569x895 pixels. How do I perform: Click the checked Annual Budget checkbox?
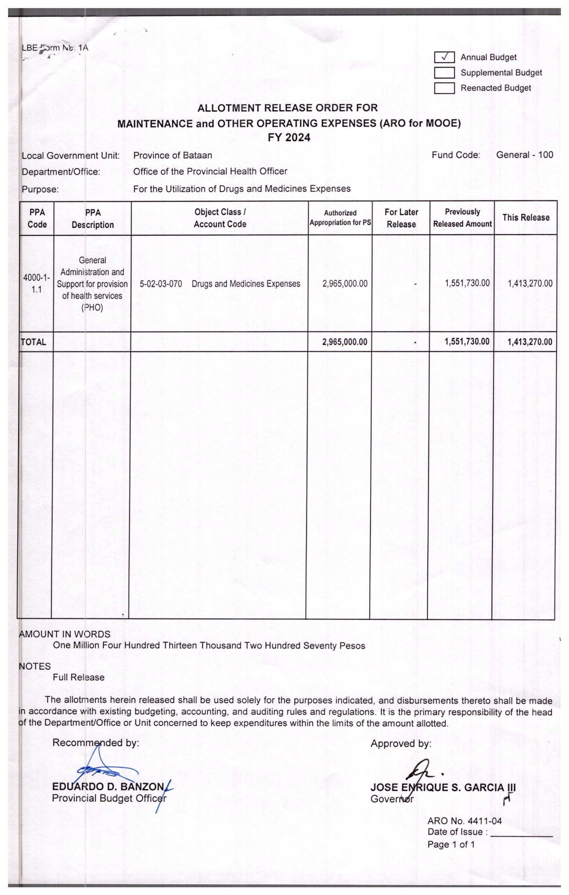click(444, 57)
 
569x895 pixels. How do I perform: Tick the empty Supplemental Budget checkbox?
click(444, 72)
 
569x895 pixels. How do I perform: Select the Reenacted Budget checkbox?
click(444, 88)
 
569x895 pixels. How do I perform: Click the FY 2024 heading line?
click(289, 137)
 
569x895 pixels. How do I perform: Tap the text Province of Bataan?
click(172, 155)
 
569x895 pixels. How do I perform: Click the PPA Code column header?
click(37, 218)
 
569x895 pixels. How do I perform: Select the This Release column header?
click(526, 217)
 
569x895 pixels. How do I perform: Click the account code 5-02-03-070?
click(161, 284)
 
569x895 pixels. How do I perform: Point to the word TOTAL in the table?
click(34, 342)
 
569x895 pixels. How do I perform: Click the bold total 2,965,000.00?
click(345, 342)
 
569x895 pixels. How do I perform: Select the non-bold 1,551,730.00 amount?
click(467, 283)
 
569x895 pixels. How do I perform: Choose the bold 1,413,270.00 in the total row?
click(529, 342)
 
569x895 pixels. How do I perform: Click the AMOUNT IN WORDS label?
click(65, 634)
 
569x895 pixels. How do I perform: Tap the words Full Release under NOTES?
click(78, 677)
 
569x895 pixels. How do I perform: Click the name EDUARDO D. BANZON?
click(108, 787)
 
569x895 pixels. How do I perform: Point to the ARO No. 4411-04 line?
click(464, 821)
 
